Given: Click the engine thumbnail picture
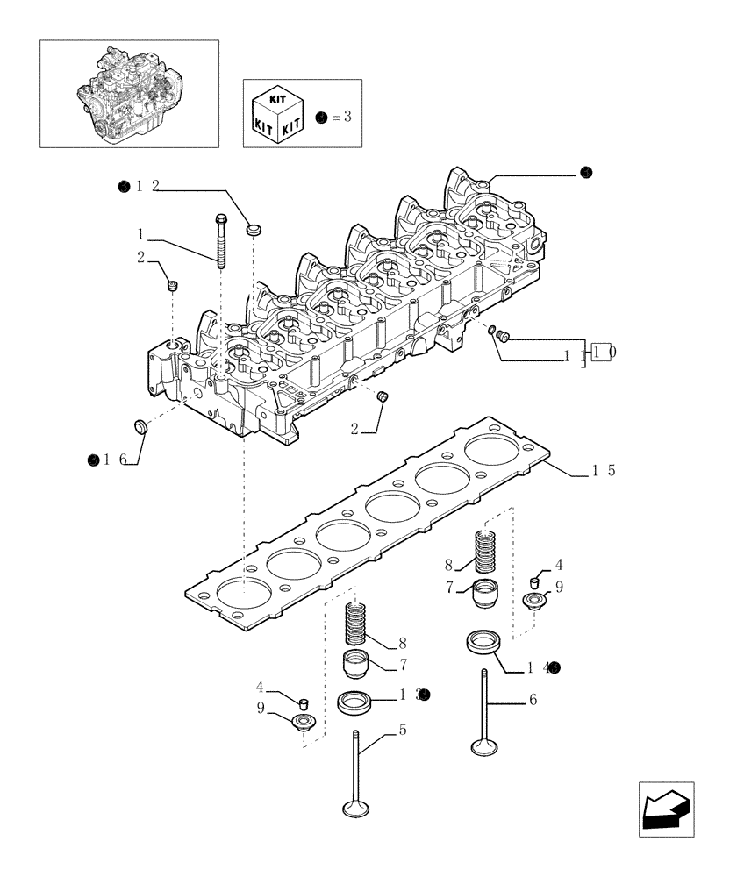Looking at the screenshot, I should tap(129, 93).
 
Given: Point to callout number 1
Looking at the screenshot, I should tap(140, 234).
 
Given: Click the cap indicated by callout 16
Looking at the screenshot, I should tap(140, 426).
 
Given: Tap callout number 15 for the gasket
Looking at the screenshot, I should tap(603, 470).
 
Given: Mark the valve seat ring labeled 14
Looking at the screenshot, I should tap(483, 642).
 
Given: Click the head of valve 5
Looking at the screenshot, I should tap(357, 806).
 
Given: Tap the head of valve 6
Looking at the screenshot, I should tap(483, 746).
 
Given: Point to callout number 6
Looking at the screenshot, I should tap(533, 700).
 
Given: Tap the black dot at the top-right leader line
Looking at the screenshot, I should tap(586, 174).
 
